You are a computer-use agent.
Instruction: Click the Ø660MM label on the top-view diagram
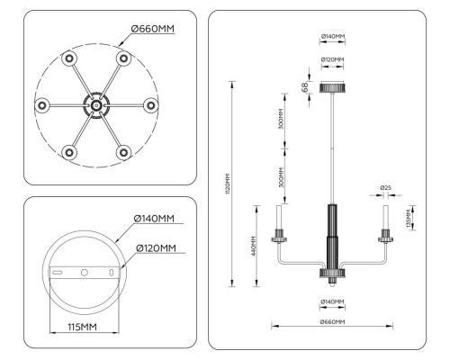[x=152, y=29]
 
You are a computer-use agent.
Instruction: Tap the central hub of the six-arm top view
[x=95, y=104]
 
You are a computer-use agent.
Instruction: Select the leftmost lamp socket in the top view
[x=41, y=104]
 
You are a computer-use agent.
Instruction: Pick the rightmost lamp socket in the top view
[x=150, y=104]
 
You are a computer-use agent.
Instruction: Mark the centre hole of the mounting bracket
[x=83, y=272]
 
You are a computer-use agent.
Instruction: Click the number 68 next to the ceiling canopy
[x=305, y=87]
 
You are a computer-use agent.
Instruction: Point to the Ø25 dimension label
[x=385, y=188]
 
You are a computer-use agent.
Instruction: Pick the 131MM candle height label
[x=409, y=218]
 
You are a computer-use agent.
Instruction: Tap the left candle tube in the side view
[x=280, y=219]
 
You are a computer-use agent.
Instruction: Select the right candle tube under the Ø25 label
[x=386, y=219]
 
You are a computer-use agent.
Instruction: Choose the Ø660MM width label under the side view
[x=333, y=322]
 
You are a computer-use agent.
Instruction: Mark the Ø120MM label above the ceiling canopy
[x=333, y=60]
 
